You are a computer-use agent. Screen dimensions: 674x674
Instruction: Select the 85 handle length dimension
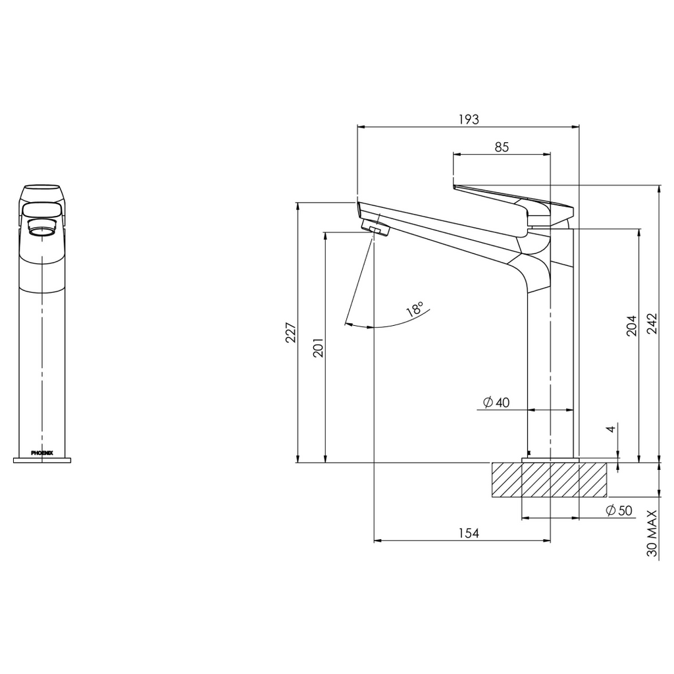502,147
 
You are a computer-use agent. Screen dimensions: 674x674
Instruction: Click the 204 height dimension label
631,325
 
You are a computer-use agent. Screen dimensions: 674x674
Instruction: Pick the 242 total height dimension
652,323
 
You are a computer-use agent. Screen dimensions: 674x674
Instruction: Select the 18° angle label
415,310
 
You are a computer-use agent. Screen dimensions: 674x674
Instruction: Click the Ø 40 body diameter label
496,402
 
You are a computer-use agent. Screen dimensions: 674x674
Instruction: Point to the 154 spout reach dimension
468,533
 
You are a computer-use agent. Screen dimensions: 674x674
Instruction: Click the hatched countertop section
550,480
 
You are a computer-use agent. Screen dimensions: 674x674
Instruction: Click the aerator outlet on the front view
42,230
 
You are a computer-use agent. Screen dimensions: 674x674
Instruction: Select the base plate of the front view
42,459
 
